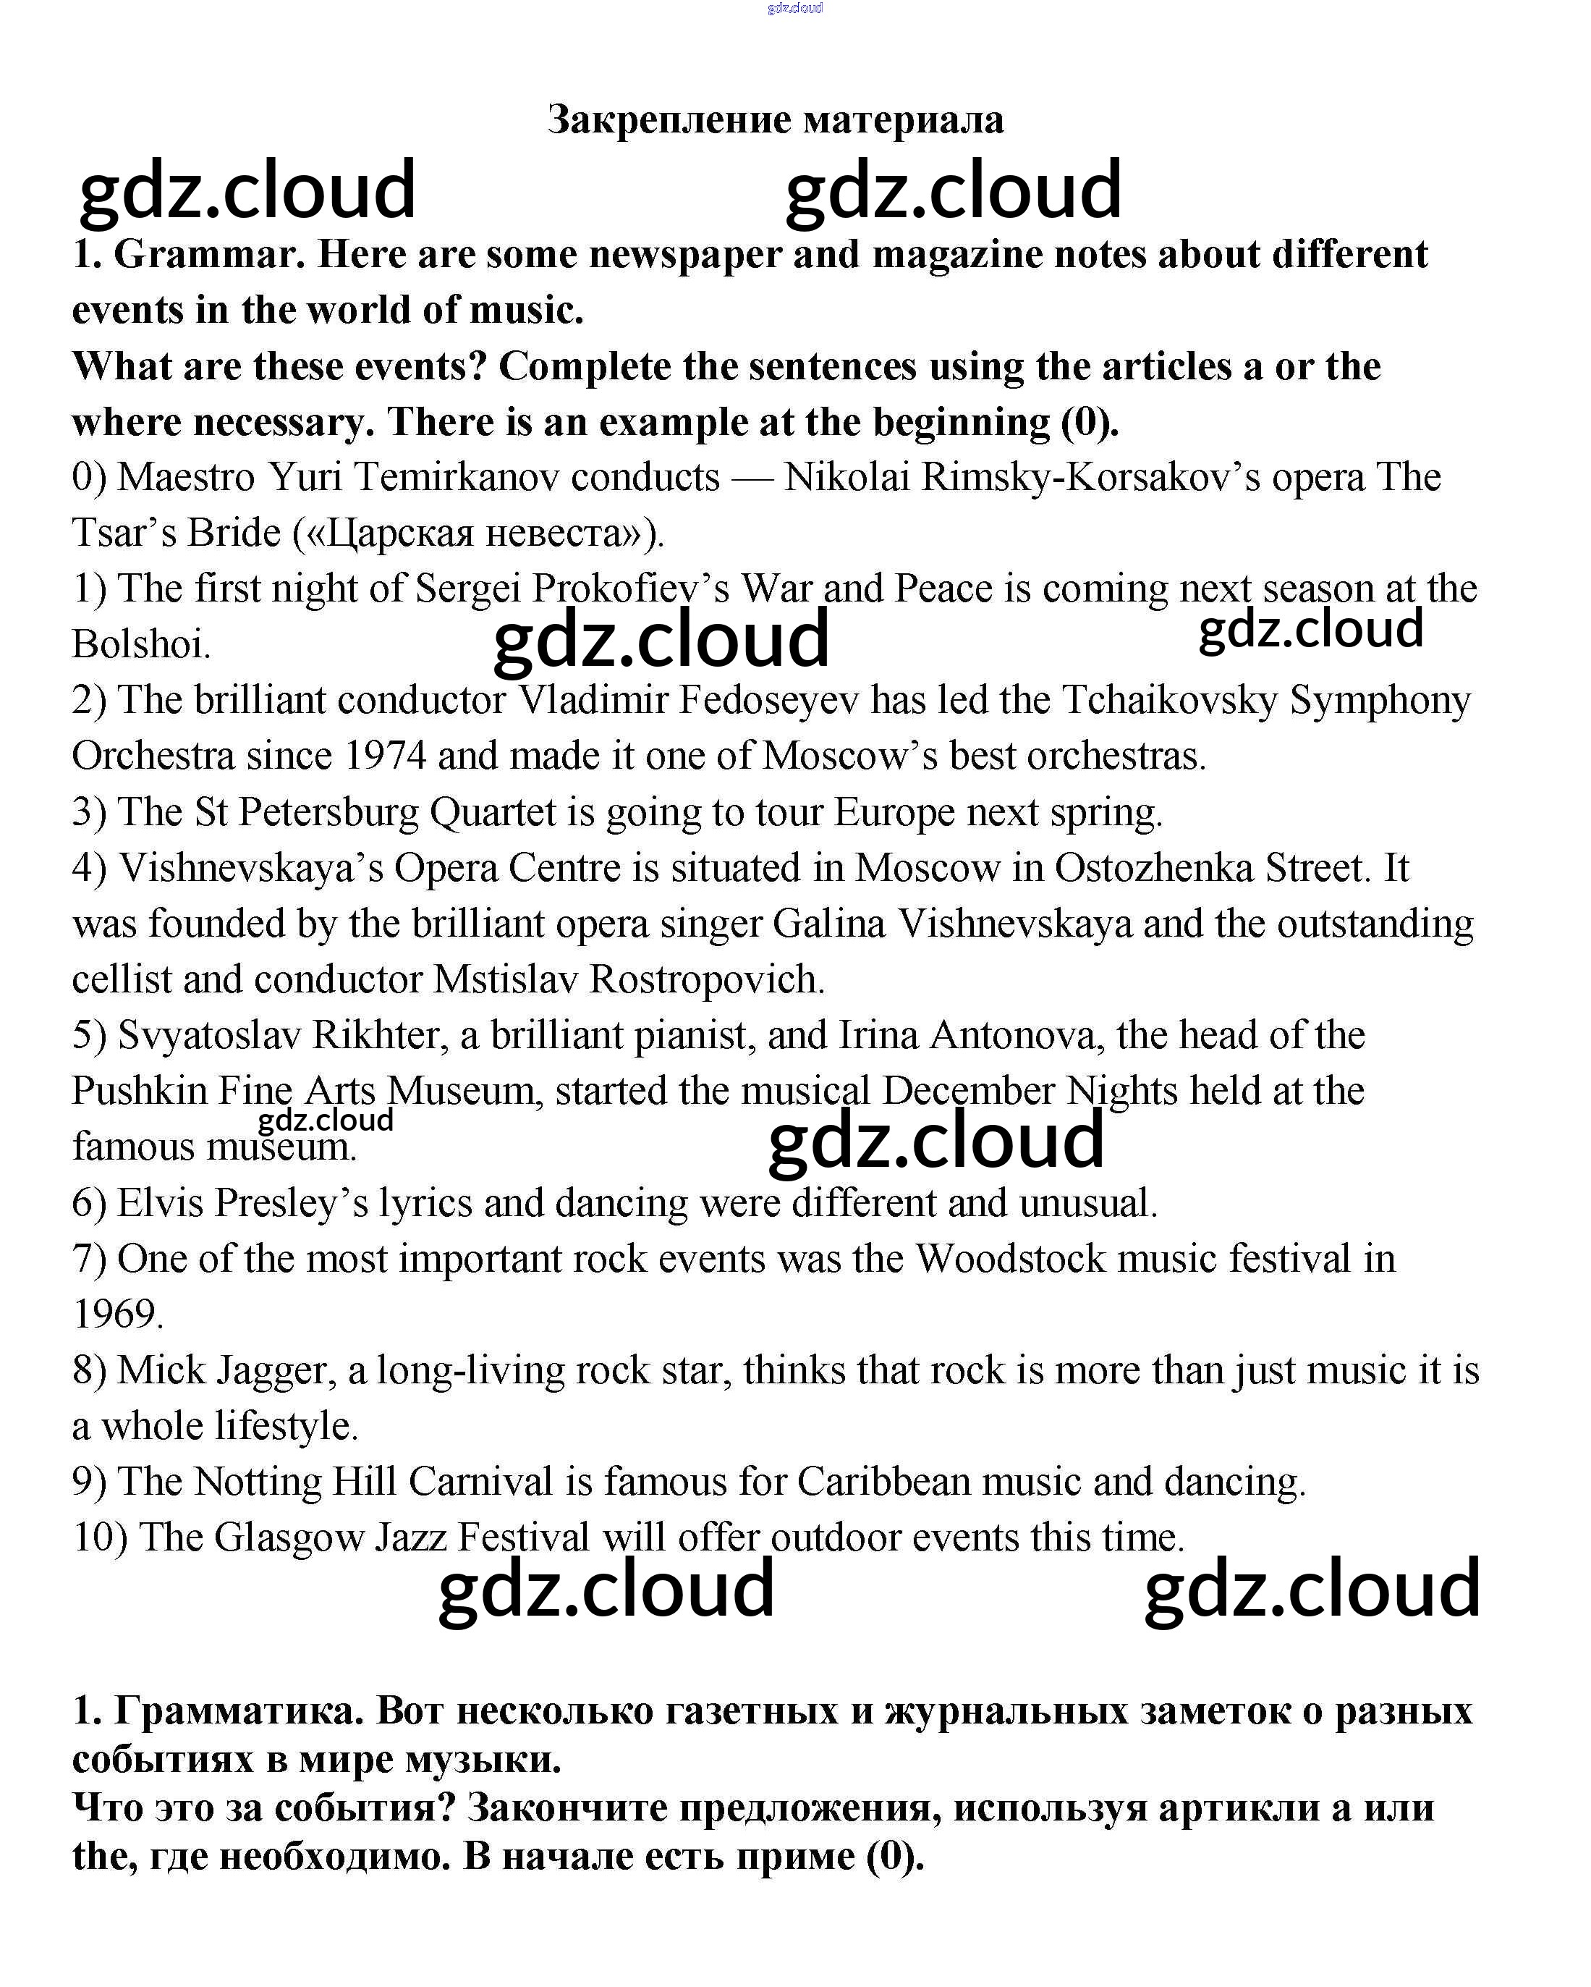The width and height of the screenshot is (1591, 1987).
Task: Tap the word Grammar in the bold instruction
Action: (208, 254)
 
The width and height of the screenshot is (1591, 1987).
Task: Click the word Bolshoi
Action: (141, 644)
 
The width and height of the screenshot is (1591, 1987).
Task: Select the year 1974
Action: (385, 756)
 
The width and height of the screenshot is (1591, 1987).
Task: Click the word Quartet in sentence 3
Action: (493, 813)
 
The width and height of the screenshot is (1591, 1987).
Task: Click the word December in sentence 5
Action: (968, 1091)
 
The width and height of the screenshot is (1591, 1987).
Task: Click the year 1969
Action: (117, 1315)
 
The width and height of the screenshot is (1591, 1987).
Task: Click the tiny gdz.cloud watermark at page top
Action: (794, 8)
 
